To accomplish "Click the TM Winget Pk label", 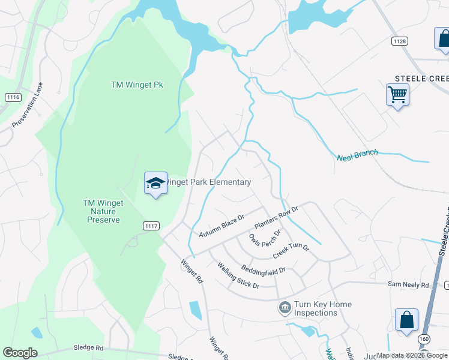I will (137, 85).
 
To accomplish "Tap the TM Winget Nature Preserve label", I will (103, 211).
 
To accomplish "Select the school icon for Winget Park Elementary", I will (155, 183).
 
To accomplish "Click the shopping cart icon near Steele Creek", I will (397, 94).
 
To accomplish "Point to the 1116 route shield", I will (13, 97).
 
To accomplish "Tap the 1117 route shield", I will (151, 226).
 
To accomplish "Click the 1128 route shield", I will (400, 41).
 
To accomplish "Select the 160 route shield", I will (424, 340).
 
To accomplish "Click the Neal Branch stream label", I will (358, 155).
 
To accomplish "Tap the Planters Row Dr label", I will (276, 217).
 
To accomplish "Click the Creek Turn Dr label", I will (291, 251).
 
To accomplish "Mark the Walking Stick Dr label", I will (238, 275).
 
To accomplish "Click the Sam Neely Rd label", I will (408, 285).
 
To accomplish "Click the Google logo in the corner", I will (20, 353).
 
